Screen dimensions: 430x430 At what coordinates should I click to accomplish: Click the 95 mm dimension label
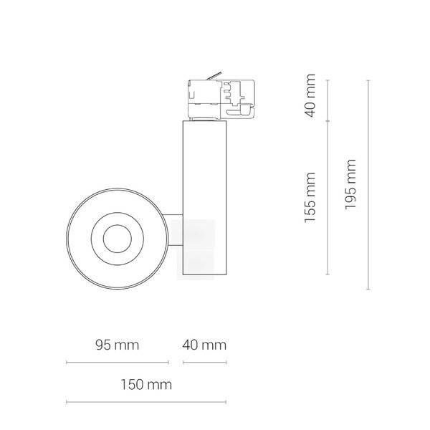coord(116,345)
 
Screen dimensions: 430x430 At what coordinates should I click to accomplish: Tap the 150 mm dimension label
coord(148,385)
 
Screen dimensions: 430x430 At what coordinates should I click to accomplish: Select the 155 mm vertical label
coord(310,197)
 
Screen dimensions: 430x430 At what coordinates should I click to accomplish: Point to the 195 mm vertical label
coord(350,183)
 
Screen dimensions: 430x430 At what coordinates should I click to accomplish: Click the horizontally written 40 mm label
coord(204,345)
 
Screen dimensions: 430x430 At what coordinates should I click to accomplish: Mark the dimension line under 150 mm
coord(148,401)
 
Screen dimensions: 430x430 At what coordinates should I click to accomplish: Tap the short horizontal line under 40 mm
coord(204,363)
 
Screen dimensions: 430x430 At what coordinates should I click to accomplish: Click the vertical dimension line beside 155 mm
coord(328,197)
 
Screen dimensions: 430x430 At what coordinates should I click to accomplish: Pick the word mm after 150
coord(161,385)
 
